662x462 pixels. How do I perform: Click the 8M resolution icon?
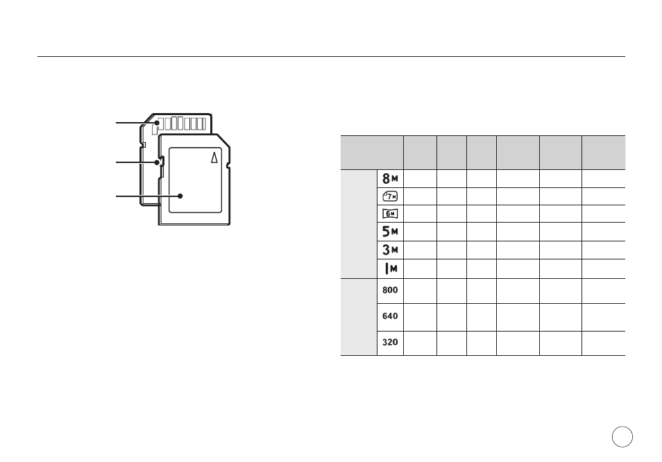pyautogui.click(x=390, y=178)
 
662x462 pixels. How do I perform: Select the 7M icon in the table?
pyautogui.click(x=390, y=196)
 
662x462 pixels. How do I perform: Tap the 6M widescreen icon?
pyautogui.click(x=390, y=214)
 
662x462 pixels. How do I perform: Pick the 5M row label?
pyautogui.click(x=390, y=231)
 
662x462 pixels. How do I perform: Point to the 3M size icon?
pyautogui.click(x=390, y=250)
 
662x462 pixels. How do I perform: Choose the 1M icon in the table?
pyautogui.click(x=391, y=268)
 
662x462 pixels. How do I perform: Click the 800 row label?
pyautogui.click(x=390, y=290)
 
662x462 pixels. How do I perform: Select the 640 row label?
pyautogui.click(x=390, y=316)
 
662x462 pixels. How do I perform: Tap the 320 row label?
pyautogui.click(x=390, y=342)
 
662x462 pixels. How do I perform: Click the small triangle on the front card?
pyautogui.click(x=214, y=157)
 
